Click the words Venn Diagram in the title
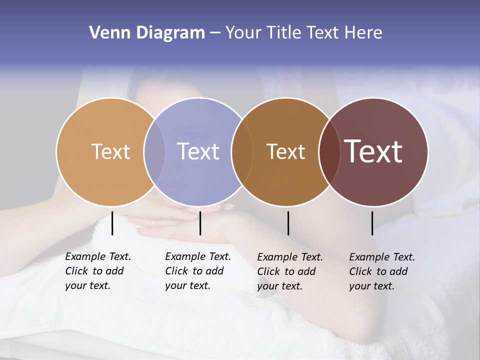[147, 33]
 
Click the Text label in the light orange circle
[110, 151]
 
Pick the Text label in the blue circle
[198, 151]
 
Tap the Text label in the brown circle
[285, 151]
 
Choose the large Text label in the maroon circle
[373, 151]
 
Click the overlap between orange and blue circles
[154, 151]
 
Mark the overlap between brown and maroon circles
[329, 151]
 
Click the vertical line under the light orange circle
[112, 223]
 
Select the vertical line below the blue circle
[200, 223]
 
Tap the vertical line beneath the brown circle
[288, 223]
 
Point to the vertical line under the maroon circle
[372, 223]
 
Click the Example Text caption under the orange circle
[97, 271]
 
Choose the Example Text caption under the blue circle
[197, 271]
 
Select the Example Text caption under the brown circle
[289, 271]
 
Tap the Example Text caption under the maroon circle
[381, 271]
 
